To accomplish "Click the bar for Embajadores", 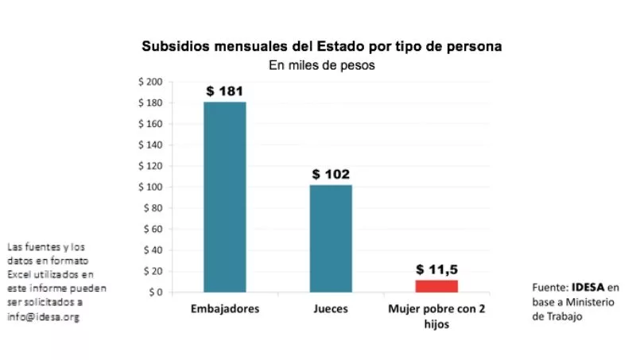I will click(x=225, y=197).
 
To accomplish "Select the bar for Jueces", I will click(x=331, y=238).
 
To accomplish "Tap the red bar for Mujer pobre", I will click(x=436, y=286).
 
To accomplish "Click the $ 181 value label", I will click(x=225, y=91).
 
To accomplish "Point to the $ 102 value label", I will click(x=331, y=175).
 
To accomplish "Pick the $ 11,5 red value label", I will click(x=436, y=269).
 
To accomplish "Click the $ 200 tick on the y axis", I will click(x=149, y=82).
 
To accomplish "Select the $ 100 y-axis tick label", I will click(x=149, y=187).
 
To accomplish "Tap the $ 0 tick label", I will click(x=155, y=292).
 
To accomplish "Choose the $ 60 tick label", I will click(x=152, y=229).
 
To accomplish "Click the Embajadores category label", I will click(x=225, y=308).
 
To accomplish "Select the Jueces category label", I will click(x=331, y=308).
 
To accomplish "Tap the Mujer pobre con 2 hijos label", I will click(x=436, y=315).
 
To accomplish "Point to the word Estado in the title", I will click(x=351, y=47).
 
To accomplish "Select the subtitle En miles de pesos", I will click(x=321, y=66).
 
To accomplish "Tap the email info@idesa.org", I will click(x=44, y=317).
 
